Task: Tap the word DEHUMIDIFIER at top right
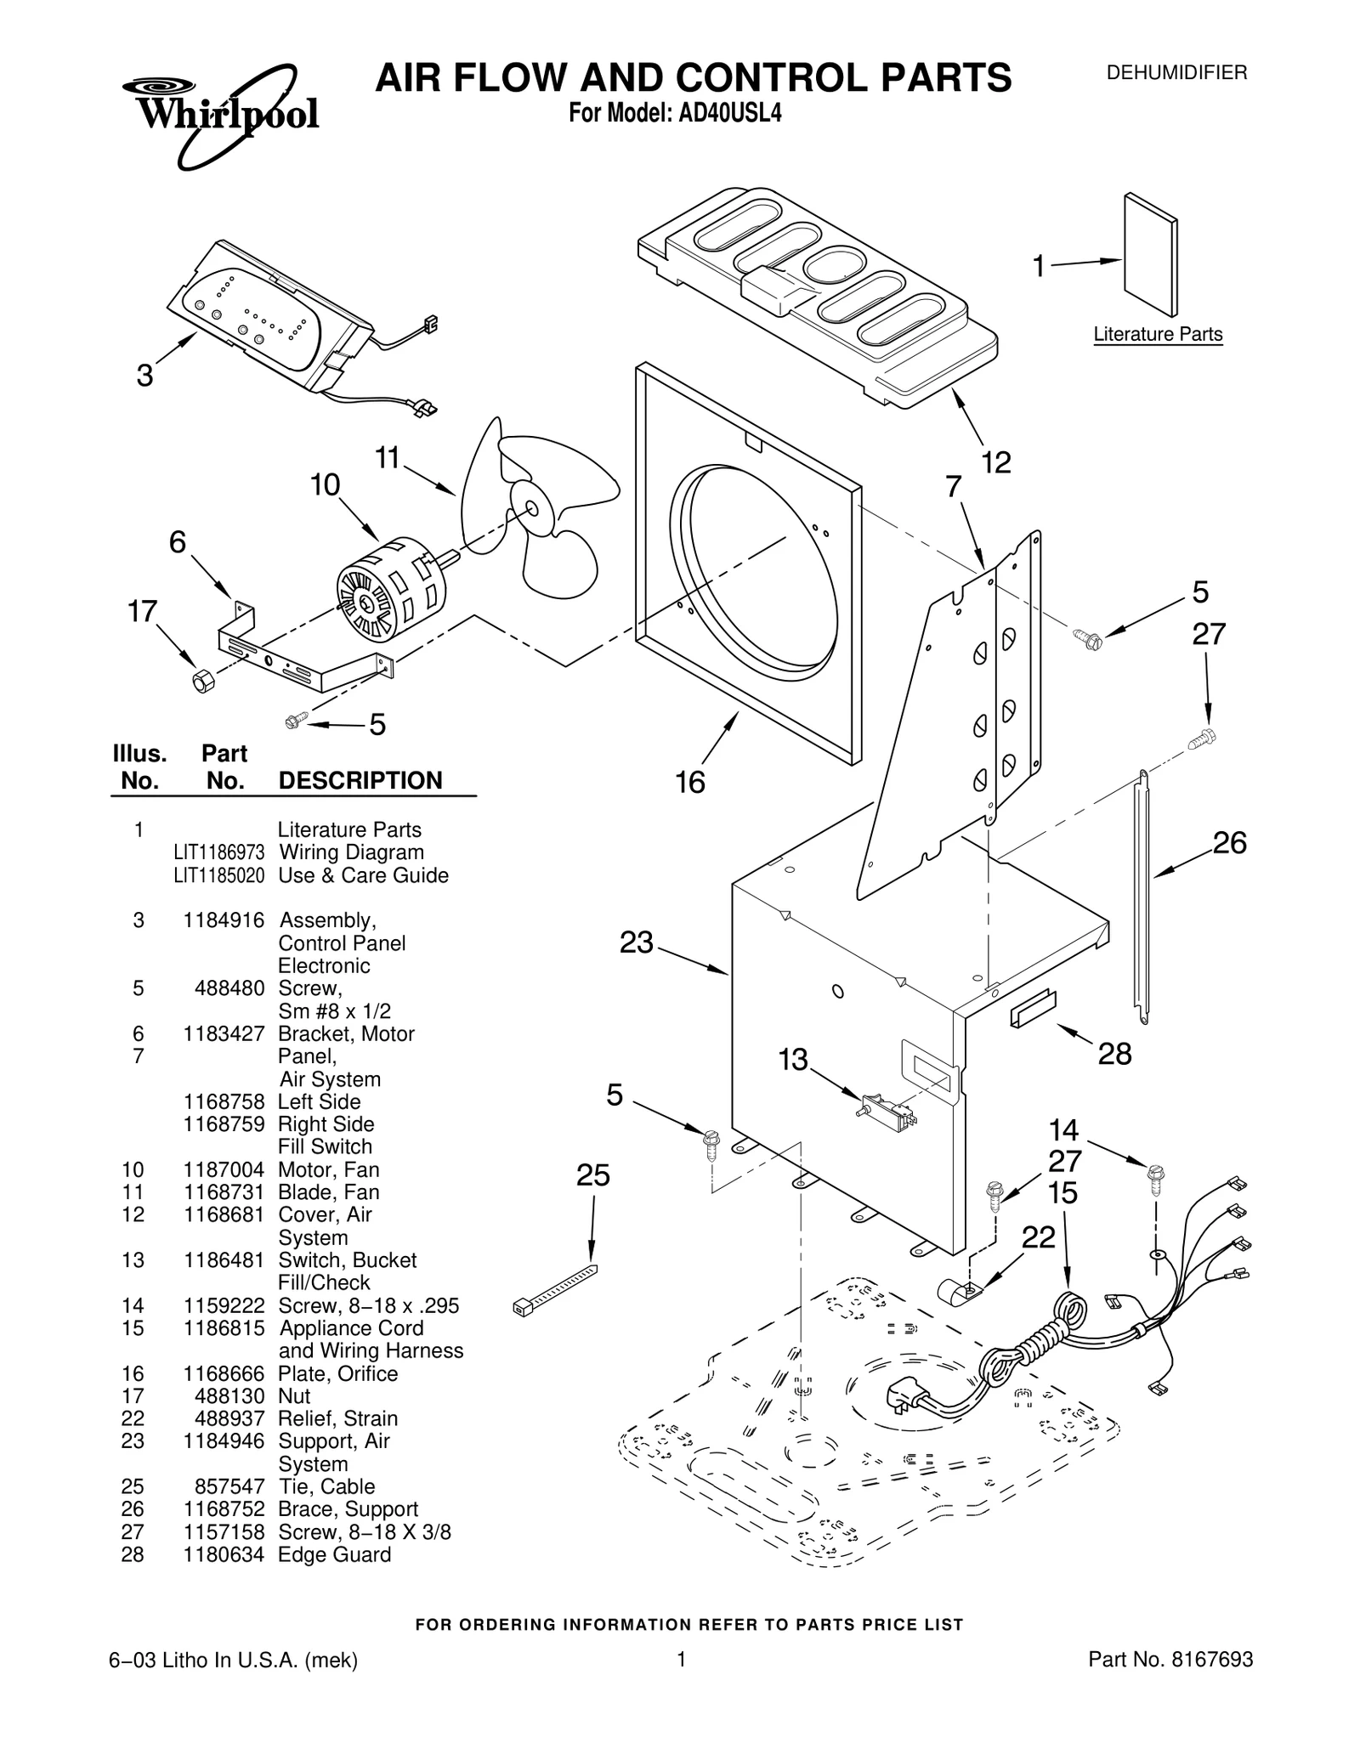(1176, 73)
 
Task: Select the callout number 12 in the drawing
(995, 463)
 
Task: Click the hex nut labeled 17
(201, 681)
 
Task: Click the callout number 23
(636, 942)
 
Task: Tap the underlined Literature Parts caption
(1157, 335)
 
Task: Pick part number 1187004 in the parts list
(224, 1170)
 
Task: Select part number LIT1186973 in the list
(218, 852)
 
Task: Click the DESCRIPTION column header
(360, 780)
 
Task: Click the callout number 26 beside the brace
(1228, 843)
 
